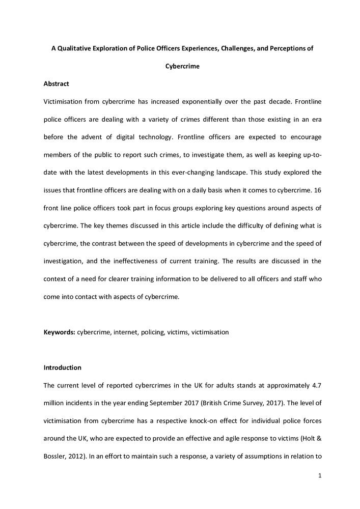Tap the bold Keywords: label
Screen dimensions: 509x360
coord(59,332)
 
